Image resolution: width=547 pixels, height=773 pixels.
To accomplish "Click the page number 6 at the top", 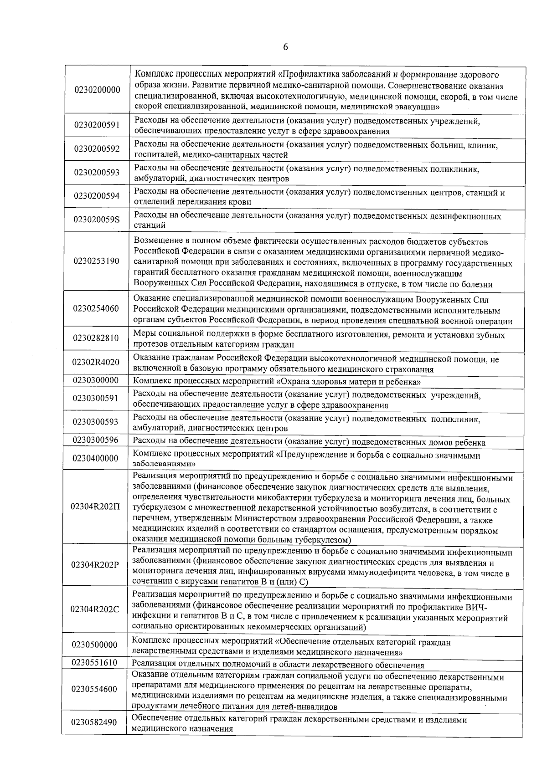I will click(x=285, y=47).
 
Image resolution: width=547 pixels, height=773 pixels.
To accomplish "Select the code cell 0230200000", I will click(x=97, y=90).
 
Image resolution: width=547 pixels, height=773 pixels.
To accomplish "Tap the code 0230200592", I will click(x=97, y=149).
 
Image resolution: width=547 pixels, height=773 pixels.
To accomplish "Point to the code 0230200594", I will click(x=97, y=196).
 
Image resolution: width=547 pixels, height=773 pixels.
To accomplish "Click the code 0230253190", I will click(x=96, y=261).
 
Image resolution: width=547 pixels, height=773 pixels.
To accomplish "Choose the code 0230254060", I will click(x=96, y=308).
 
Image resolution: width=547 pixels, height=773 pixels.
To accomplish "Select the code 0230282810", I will click(x=96, y=338).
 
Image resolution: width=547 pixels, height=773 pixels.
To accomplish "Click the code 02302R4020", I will click(x=96, y=362).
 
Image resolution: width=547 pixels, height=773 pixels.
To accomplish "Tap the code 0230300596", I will click(x=95, y=440).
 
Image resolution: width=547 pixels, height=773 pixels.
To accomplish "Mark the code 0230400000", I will click(x=95, y=458).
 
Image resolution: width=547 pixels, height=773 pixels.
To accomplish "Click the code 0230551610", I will click(x=94, y=663).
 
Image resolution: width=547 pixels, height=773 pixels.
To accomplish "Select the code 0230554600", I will click(x=94, y=689).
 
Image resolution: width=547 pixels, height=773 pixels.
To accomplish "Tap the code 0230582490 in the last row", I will click(x=94, y=722).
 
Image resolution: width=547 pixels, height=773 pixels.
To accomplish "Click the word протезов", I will click(x=149, y=345).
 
